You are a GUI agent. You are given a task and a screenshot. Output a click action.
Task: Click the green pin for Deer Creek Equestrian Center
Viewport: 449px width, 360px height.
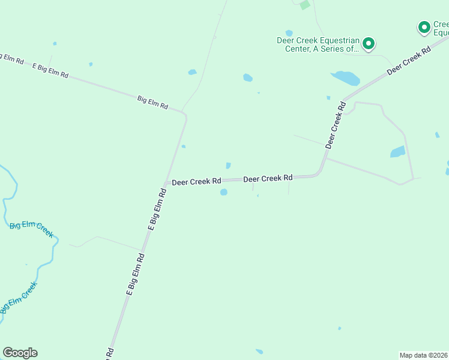pyautogui.click(x=368, y=43)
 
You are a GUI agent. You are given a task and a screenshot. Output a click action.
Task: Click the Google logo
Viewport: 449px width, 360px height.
pyautogui.click(x=20, y=353)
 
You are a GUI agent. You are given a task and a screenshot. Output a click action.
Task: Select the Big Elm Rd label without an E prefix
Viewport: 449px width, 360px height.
pyautogui.click(x=152, y=102)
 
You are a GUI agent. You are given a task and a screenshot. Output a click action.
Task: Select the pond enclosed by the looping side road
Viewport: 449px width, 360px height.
pyautogui.click(x=397, y=152)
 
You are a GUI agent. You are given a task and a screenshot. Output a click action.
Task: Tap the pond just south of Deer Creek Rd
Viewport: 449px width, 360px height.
pyautogui.click(x=224, y=192)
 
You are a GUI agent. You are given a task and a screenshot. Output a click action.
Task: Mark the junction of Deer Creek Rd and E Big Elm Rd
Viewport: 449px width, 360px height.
pyautogui.click(x=166, y=182)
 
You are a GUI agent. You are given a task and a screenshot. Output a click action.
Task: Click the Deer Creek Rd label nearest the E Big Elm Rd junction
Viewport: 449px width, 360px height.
pyautogui.click(x=197, y=181)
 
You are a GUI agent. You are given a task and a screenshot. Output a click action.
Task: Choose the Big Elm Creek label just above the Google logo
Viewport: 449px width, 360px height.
pyautogui.click(x=18, y=298)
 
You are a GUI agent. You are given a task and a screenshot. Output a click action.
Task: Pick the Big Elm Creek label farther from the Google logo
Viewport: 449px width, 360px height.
pyautogui.click(x=31, y=227)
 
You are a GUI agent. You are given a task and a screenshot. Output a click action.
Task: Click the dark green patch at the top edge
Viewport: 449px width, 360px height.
pyautogui.click(x=305, y=5)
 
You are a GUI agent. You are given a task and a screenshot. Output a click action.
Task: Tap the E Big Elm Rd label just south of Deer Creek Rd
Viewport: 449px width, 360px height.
pyautogui.click(x=156, y=209)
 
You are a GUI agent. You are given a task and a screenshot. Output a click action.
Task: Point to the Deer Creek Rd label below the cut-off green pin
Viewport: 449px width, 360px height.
pyautogui.click(x=409, y=61)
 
